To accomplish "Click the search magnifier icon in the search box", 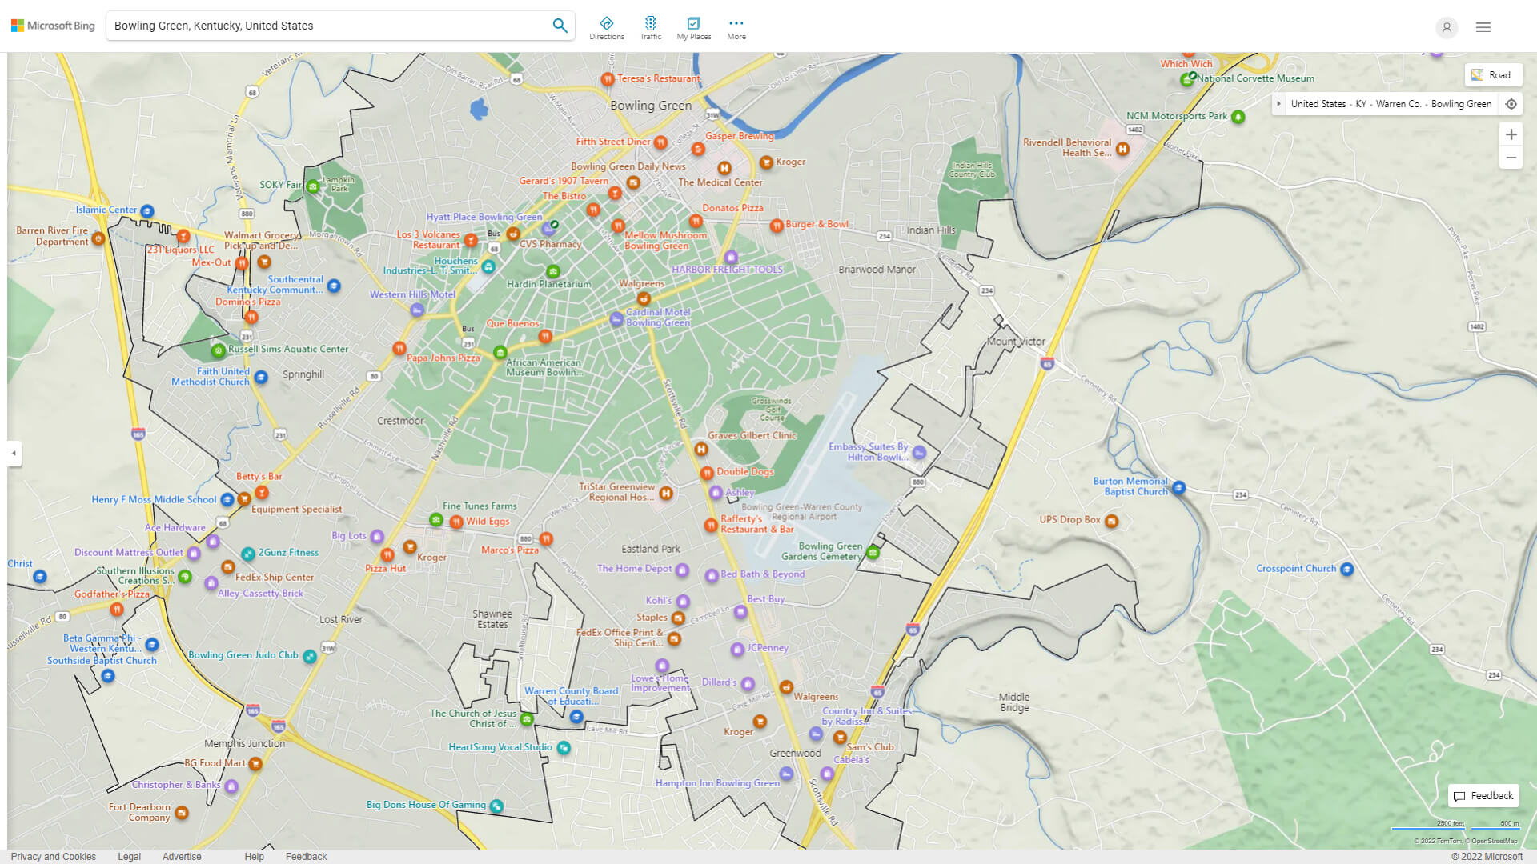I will click(x=560, y=26).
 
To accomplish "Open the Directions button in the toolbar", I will click(x=607, y=27).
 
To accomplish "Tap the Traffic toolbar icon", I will click(x=650, y=27).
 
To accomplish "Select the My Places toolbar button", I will click(x=693, y=27).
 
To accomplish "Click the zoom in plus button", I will click(x=1511, y=134).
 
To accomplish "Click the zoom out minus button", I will click(x=1511, y=158).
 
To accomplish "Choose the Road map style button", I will click(x=1492, y=75).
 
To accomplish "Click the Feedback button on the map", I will click(x=1483, y=796).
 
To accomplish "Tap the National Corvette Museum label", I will click(x=1255, y=78).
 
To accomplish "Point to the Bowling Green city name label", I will click(x=651, y=106).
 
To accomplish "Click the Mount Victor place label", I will click(x=1016, y=342).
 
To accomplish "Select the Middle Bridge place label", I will click(x=1014, y=702).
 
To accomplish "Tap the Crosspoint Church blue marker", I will click(x=1346, y=570).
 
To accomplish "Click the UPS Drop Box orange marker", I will click(x=1111, y=522).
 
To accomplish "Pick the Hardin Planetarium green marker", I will click(x=552, y=272).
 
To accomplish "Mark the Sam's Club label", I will click(x=869, y=747).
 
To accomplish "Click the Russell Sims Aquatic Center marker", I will click(x=218, y=350).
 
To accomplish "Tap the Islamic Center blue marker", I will click(x=147, y=211).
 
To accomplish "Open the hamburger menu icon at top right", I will click(x=1483, y=27).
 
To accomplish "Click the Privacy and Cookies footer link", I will click(x=54, y=857).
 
